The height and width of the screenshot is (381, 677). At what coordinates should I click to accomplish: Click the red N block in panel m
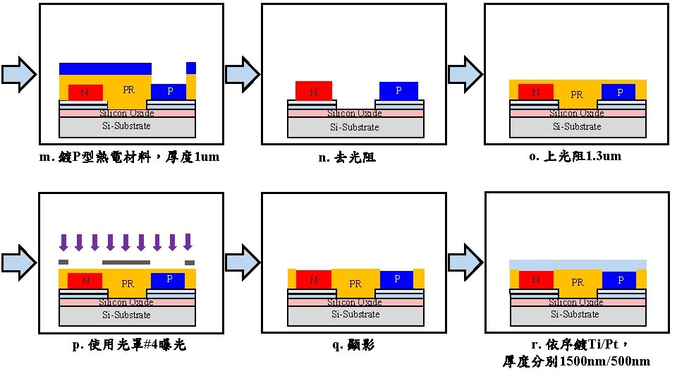[x=85, y=92]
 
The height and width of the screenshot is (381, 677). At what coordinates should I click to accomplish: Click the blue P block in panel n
[x=398, y=90]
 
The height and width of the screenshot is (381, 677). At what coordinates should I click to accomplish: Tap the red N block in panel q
[x=308, y=279]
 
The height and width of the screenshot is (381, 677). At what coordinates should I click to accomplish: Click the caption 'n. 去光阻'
[x=347, y=157]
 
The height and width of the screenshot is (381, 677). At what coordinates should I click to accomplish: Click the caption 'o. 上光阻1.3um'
[x=575, y=156]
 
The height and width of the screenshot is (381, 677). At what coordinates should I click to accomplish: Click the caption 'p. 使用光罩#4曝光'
[x=130, y=345]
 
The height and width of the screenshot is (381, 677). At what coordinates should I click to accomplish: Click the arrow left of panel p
[x=18, y=261]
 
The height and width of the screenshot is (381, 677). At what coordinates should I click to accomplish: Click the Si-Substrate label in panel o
[x=576, y=126]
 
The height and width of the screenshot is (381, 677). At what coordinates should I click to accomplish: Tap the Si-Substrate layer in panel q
[x=355, y=315]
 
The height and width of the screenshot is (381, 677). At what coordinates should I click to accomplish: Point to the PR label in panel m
[x=128, y=90]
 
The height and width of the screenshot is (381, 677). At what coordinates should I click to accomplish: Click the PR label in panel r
[x=577, y=282]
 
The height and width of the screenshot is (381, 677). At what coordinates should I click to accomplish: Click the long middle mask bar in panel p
[x=127, y=262]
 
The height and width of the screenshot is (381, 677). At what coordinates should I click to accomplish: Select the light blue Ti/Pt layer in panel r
[x=577, y=264]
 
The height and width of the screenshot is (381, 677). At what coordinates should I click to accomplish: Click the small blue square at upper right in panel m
[x=191, y=68]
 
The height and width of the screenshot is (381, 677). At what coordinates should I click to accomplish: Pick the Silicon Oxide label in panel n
[x=355, y=114]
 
